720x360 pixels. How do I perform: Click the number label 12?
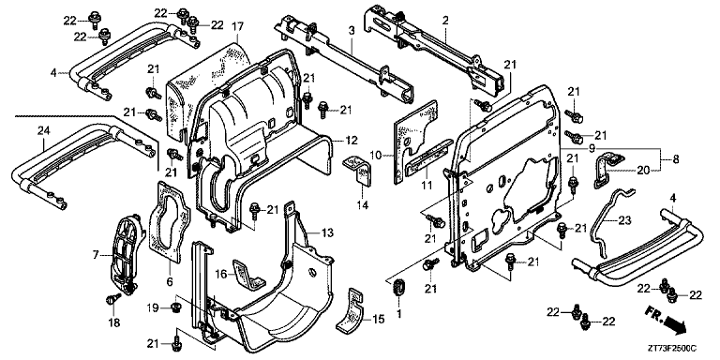tap(352, 140)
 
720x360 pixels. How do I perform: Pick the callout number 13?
tap(327, 232)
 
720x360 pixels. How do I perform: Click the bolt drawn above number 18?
tap(112, 298)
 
